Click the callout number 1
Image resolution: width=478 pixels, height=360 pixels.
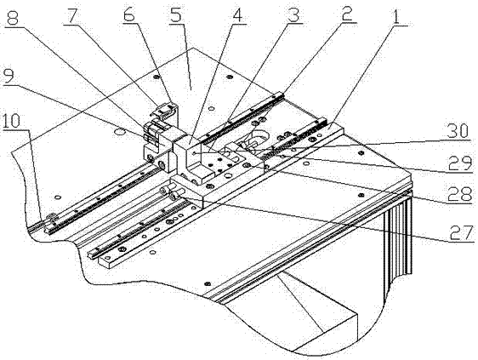click(395, 15)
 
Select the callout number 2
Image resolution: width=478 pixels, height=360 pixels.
click(348, 13)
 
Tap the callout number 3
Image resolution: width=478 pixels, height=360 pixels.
click(293, 13)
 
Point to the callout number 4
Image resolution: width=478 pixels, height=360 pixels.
click(238, 13)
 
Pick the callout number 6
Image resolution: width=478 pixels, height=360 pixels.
click(129, 13)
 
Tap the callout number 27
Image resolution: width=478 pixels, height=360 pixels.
click(462, 233)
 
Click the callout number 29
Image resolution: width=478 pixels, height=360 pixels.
click(460, 164)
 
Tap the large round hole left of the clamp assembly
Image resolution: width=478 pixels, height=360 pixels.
click(119, 132)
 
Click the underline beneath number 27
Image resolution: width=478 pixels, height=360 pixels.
click(461, 242)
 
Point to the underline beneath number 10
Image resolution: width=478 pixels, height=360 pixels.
click(15, 130)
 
